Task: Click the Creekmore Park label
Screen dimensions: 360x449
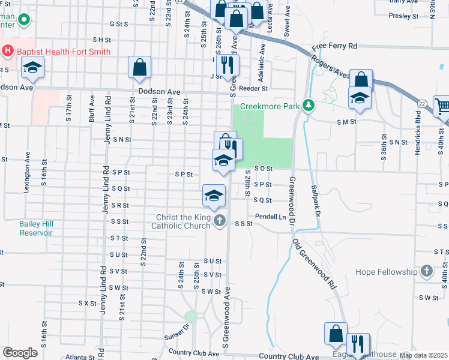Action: coord(270,106)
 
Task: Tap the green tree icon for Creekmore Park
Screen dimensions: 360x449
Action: coord(309,106)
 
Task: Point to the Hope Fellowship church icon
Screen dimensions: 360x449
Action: coord(427,271)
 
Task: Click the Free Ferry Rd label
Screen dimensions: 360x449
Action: coord(334,46)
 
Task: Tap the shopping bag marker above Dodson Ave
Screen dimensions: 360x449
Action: coord(139,68)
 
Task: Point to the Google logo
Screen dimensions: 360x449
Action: coord(20,353)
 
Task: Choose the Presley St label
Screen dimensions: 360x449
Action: coord(403,16)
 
